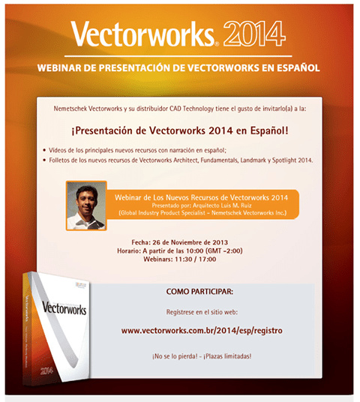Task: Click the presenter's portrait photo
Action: click(x=86, y=205)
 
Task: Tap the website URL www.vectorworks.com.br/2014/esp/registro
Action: click(x=202, y=330)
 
